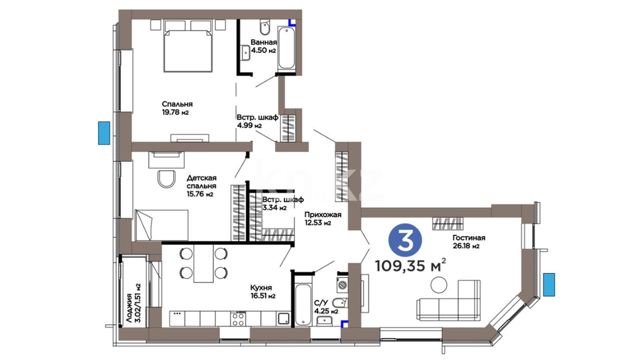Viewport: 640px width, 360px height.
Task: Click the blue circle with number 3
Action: [405, 240]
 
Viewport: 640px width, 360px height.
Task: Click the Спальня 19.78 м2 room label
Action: [177, 108]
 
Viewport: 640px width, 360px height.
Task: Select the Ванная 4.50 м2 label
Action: [264, 46]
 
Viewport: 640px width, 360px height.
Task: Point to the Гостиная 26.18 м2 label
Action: [469, 242]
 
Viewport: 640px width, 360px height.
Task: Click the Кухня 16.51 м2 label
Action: [263, 291]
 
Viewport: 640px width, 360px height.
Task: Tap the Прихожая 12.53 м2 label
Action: [323, 219]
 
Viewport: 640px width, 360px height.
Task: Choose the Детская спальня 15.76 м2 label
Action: [201, 186]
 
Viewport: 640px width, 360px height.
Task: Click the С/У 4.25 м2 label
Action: [326, 307]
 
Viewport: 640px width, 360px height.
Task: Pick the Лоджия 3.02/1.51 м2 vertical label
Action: [133, 303]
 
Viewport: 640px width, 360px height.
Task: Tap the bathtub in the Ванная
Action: [286, 49]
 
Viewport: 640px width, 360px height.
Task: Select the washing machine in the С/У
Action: [342, 285]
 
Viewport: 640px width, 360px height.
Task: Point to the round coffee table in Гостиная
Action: [439, 285]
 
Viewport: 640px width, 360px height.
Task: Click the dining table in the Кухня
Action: [203, 264]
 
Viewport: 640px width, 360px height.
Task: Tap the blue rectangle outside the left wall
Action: [104, 133]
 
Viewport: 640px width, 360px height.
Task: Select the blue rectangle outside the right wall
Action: [549, 285]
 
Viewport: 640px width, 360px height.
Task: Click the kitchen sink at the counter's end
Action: [284, 319]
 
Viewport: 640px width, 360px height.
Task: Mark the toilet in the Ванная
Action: [265, 27]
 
